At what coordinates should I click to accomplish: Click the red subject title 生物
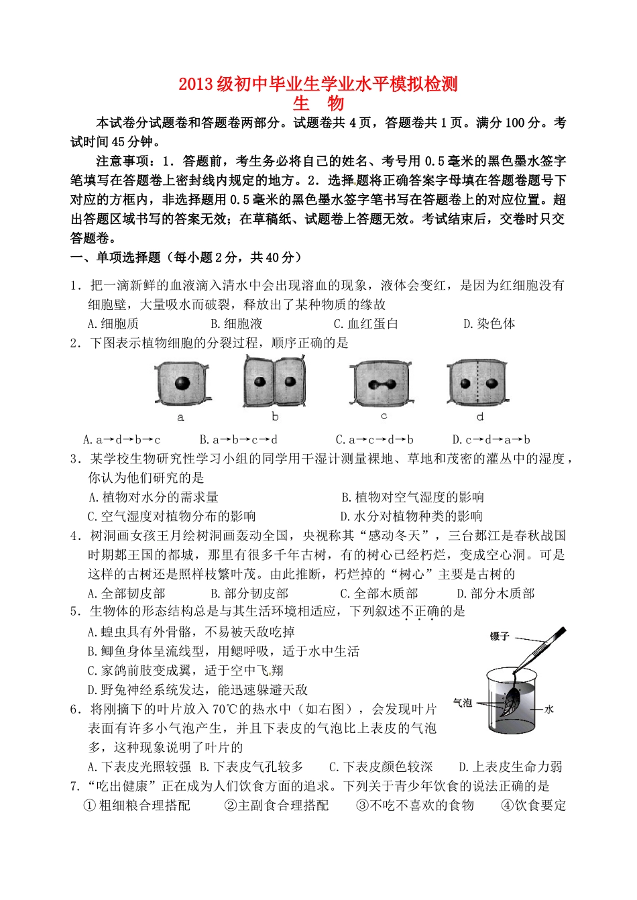coord(318,103)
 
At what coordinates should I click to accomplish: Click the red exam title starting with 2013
coord(318,84)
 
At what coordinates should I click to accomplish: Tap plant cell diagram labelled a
coord(180,384)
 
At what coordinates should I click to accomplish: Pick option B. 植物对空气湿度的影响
coord(412,497)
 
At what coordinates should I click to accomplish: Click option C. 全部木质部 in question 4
coord(379,594)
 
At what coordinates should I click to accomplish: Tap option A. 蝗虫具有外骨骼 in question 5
coord(191,632)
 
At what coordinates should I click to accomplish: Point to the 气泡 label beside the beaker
coord(463,702)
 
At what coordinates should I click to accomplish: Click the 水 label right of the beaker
coord(549,709)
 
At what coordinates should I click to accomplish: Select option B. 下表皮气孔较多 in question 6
coord(251,767)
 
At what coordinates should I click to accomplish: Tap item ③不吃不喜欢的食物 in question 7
coord(415,805)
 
